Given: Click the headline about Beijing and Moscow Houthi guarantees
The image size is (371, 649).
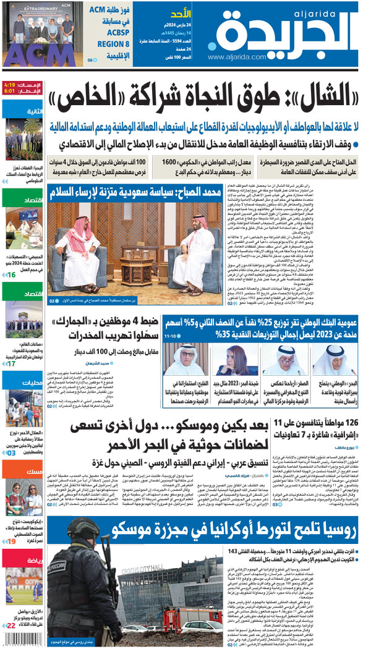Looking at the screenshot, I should click(185, 436).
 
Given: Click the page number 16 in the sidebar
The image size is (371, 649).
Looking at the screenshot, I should click(12, 274).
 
